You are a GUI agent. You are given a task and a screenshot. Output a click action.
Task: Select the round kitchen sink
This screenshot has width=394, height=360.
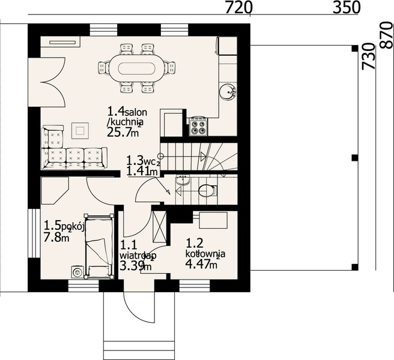click(228, 92)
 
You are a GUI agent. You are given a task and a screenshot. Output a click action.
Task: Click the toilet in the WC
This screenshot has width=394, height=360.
click(207, 191)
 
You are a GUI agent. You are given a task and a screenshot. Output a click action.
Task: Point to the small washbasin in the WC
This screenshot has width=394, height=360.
click(184, 179)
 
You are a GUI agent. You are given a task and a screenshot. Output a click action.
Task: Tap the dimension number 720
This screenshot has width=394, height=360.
click(239, 8)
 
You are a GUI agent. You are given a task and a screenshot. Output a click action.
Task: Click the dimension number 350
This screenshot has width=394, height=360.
click(346, 8)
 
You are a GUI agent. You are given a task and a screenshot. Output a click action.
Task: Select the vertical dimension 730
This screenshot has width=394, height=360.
click(368, 57)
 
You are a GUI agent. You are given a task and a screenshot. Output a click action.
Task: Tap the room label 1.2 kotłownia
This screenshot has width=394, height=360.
click(204, 249)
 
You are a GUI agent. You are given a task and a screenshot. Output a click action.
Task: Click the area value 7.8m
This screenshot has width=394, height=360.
click(57, 238)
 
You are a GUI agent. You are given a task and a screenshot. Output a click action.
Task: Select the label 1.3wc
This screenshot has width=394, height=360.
click(142, 161)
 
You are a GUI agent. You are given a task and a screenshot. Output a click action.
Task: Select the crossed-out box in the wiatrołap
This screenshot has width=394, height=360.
click(159, 228)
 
